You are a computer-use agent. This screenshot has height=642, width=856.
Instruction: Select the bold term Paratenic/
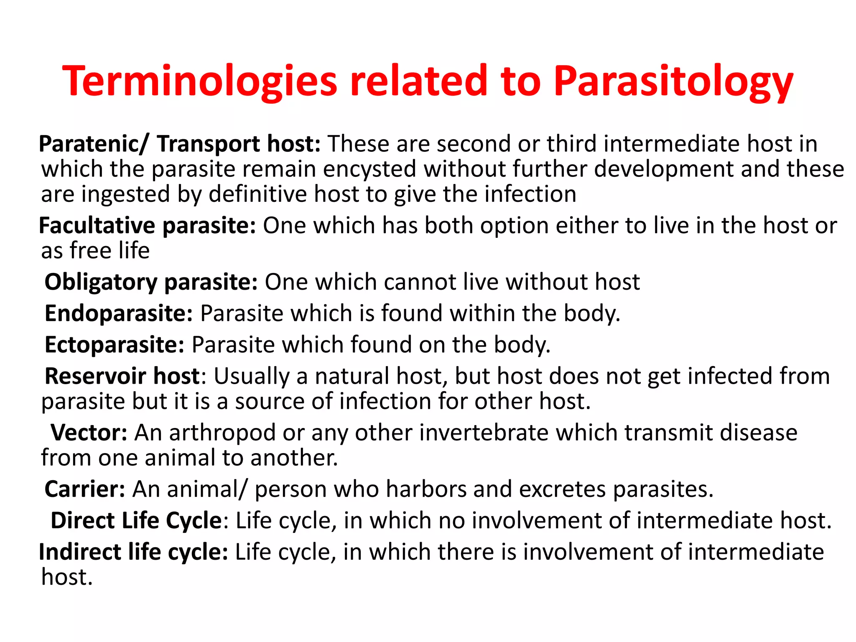[93, 144]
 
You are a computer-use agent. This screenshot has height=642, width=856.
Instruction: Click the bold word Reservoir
[95, 376]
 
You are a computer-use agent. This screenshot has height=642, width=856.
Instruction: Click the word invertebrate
[484, 432]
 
